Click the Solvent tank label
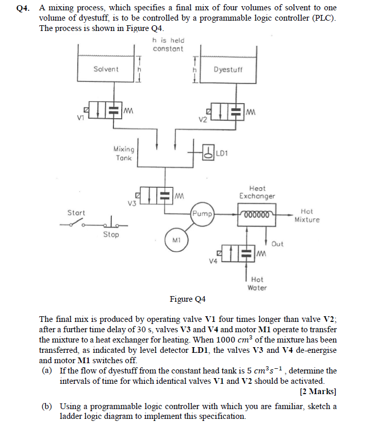point(106,69)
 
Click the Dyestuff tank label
point(227,69)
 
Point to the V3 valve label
point(132,203)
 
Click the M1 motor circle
point(176,240)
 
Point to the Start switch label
point(76,213)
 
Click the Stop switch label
point(110,235)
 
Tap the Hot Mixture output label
point(307,216)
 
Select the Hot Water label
point(257,283)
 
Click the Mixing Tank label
point(124,153)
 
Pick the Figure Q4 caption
point(188,299)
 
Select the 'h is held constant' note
point(168,44)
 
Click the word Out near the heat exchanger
point(277,243)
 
